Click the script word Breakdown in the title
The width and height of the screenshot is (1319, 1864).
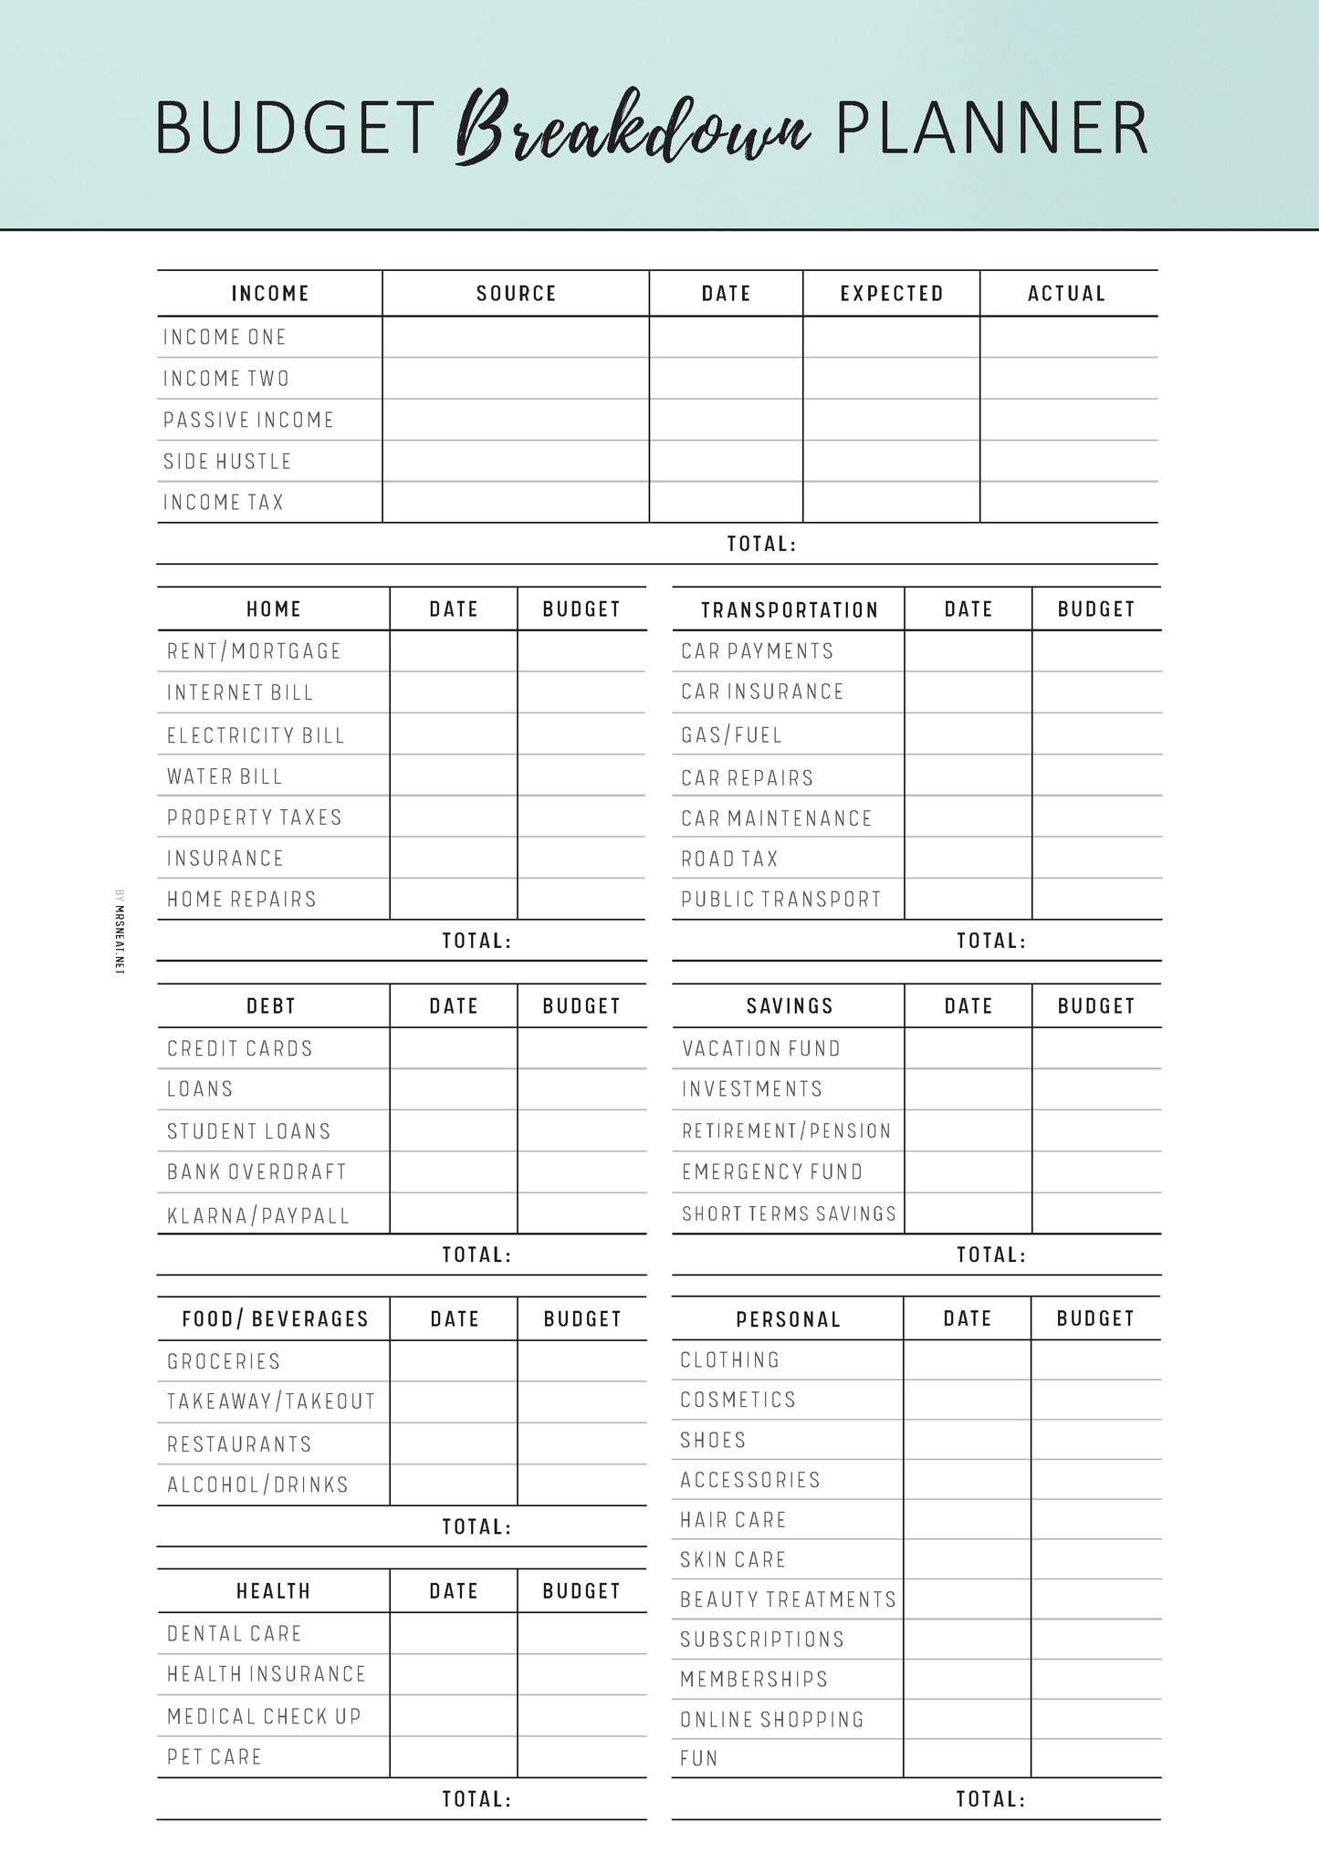pyautogui.click(x=632, y=128)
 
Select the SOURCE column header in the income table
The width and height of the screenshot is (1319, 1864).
pyautogui.click(x=516, y=294)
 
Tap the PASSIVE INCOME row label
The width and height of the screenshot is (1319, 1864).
pyautogui.click(x=248, y=420)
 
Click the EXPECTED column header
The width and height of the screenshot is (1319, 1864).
pyautogui.click(x=891, y=294)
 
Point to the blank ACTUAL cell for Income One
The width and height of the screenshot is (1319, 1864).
pyautogui.click(x=1068, y=337)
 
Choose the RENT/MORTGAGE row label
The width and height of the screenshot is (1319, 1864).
pyautogui.click(x=254, y=651)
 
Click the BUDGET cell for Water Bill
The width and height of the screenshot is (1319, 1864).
pyautogui.click(x=581, y=776)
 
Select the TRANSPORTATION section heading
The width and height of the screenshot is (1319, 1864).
pyautogui.click(x=789, y=609)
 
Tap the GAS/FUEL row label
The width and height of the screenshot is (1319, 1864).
pyautogui.click(x=731, y=735)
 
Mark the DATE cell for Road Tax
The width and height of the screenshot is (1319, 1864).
pyautogui.click(x=968, y=859)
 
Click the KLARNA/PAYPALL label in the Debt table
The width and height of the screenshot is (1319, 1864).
pyautogui.click(x=258, y=1215)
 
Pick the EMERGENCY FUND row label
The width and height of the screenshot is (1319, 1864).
pyautogui.click(x=772, y=1172)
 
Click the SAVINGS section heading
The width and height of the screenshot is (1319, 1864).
pyautogui.click(x=790, y=1006)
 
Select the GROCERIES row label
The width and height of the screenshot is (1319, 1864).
pyautogui.click(x=224, y=1361)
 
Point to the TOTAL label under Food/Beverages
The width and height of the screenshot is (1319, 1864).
pyautogui.click(x=476, y=1526)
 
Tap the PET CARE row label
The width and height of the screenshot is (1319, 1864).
pyautogui.click(x=215, y=1757)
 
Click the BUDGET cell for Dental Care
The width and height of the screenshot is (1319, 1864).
pyautogui.click(x=581, y=1633)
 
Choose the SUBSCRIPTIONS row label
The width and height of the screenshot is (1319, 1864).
pyautogui.click(x=762, y=1640)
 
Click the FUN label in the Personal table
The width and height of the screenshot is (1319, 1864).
pyautogui.click(x=699, y=1758)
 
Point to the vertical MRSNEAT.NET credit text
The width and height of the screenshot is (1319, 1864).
pyautogui.click(x=119, y=932)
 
